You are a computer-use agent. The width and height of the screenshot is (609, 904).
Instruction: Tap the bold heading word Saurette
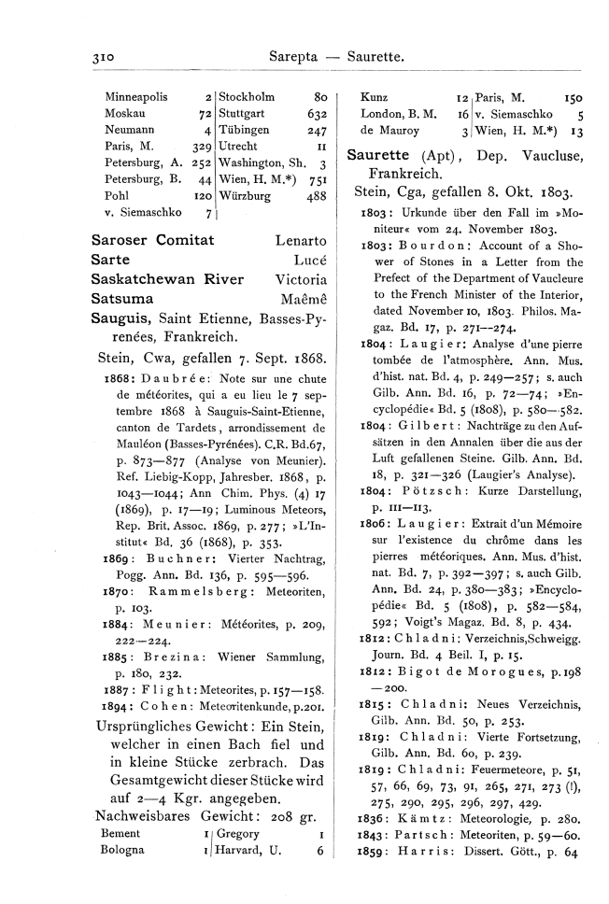380,154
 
